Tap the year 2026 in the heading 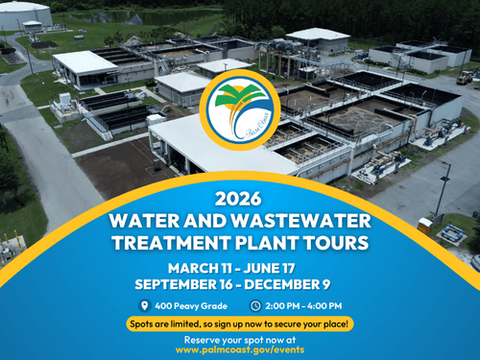click(x=240, y=200)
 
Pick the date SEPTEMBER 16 click(x=185, y=284)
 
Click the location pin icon click(x=144, y=305)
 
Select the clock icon click(x=255, y=305)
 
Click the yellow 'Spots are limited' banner click(x=240, y=323)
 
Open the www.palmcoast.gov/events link click(x=240, y=350)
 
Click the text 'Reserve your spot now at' click(x=240, y=340)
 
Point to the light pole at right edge click(x=443, y=188)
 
